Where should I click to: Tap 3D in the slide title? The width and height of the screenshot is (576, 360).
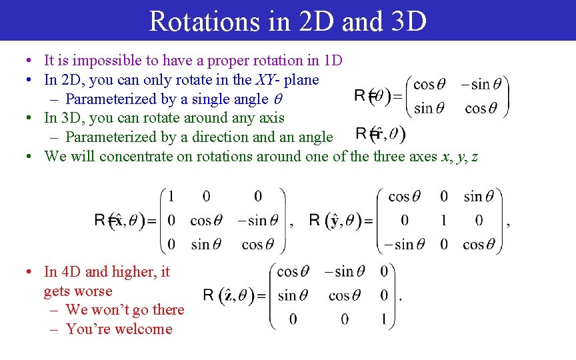[404, 21]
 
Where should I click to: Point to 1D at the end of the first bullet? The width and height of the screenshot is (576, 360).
[333, 61]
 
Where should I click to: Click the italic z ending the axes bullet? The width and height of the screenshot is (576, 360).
[474, 157]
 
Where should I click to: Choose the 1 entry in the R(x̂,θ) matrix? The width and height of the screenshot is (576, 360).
[171, 197]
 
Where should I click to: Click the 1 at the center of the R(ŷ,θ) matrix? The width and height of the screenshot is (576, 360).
[443, 221]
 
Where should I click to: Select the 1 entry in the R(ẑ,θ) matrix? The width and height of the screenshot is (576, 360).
[384, 319]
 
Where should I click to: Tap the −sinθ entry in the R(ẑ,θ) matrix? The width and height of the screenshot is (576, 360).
[345, 271]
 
